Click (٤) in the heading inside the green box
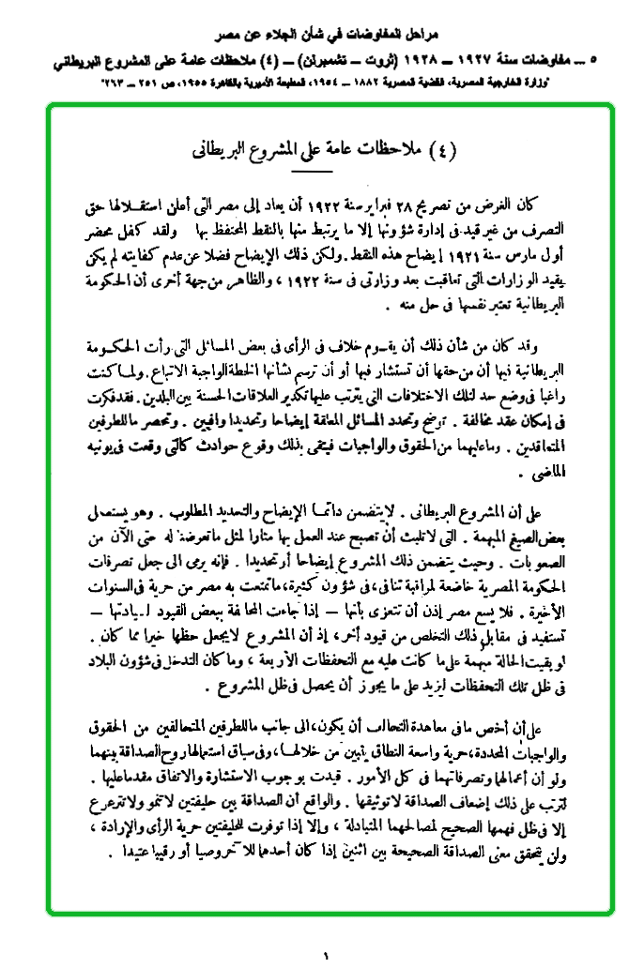(440, 147)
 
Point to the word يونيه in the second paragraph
(94, 448)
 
